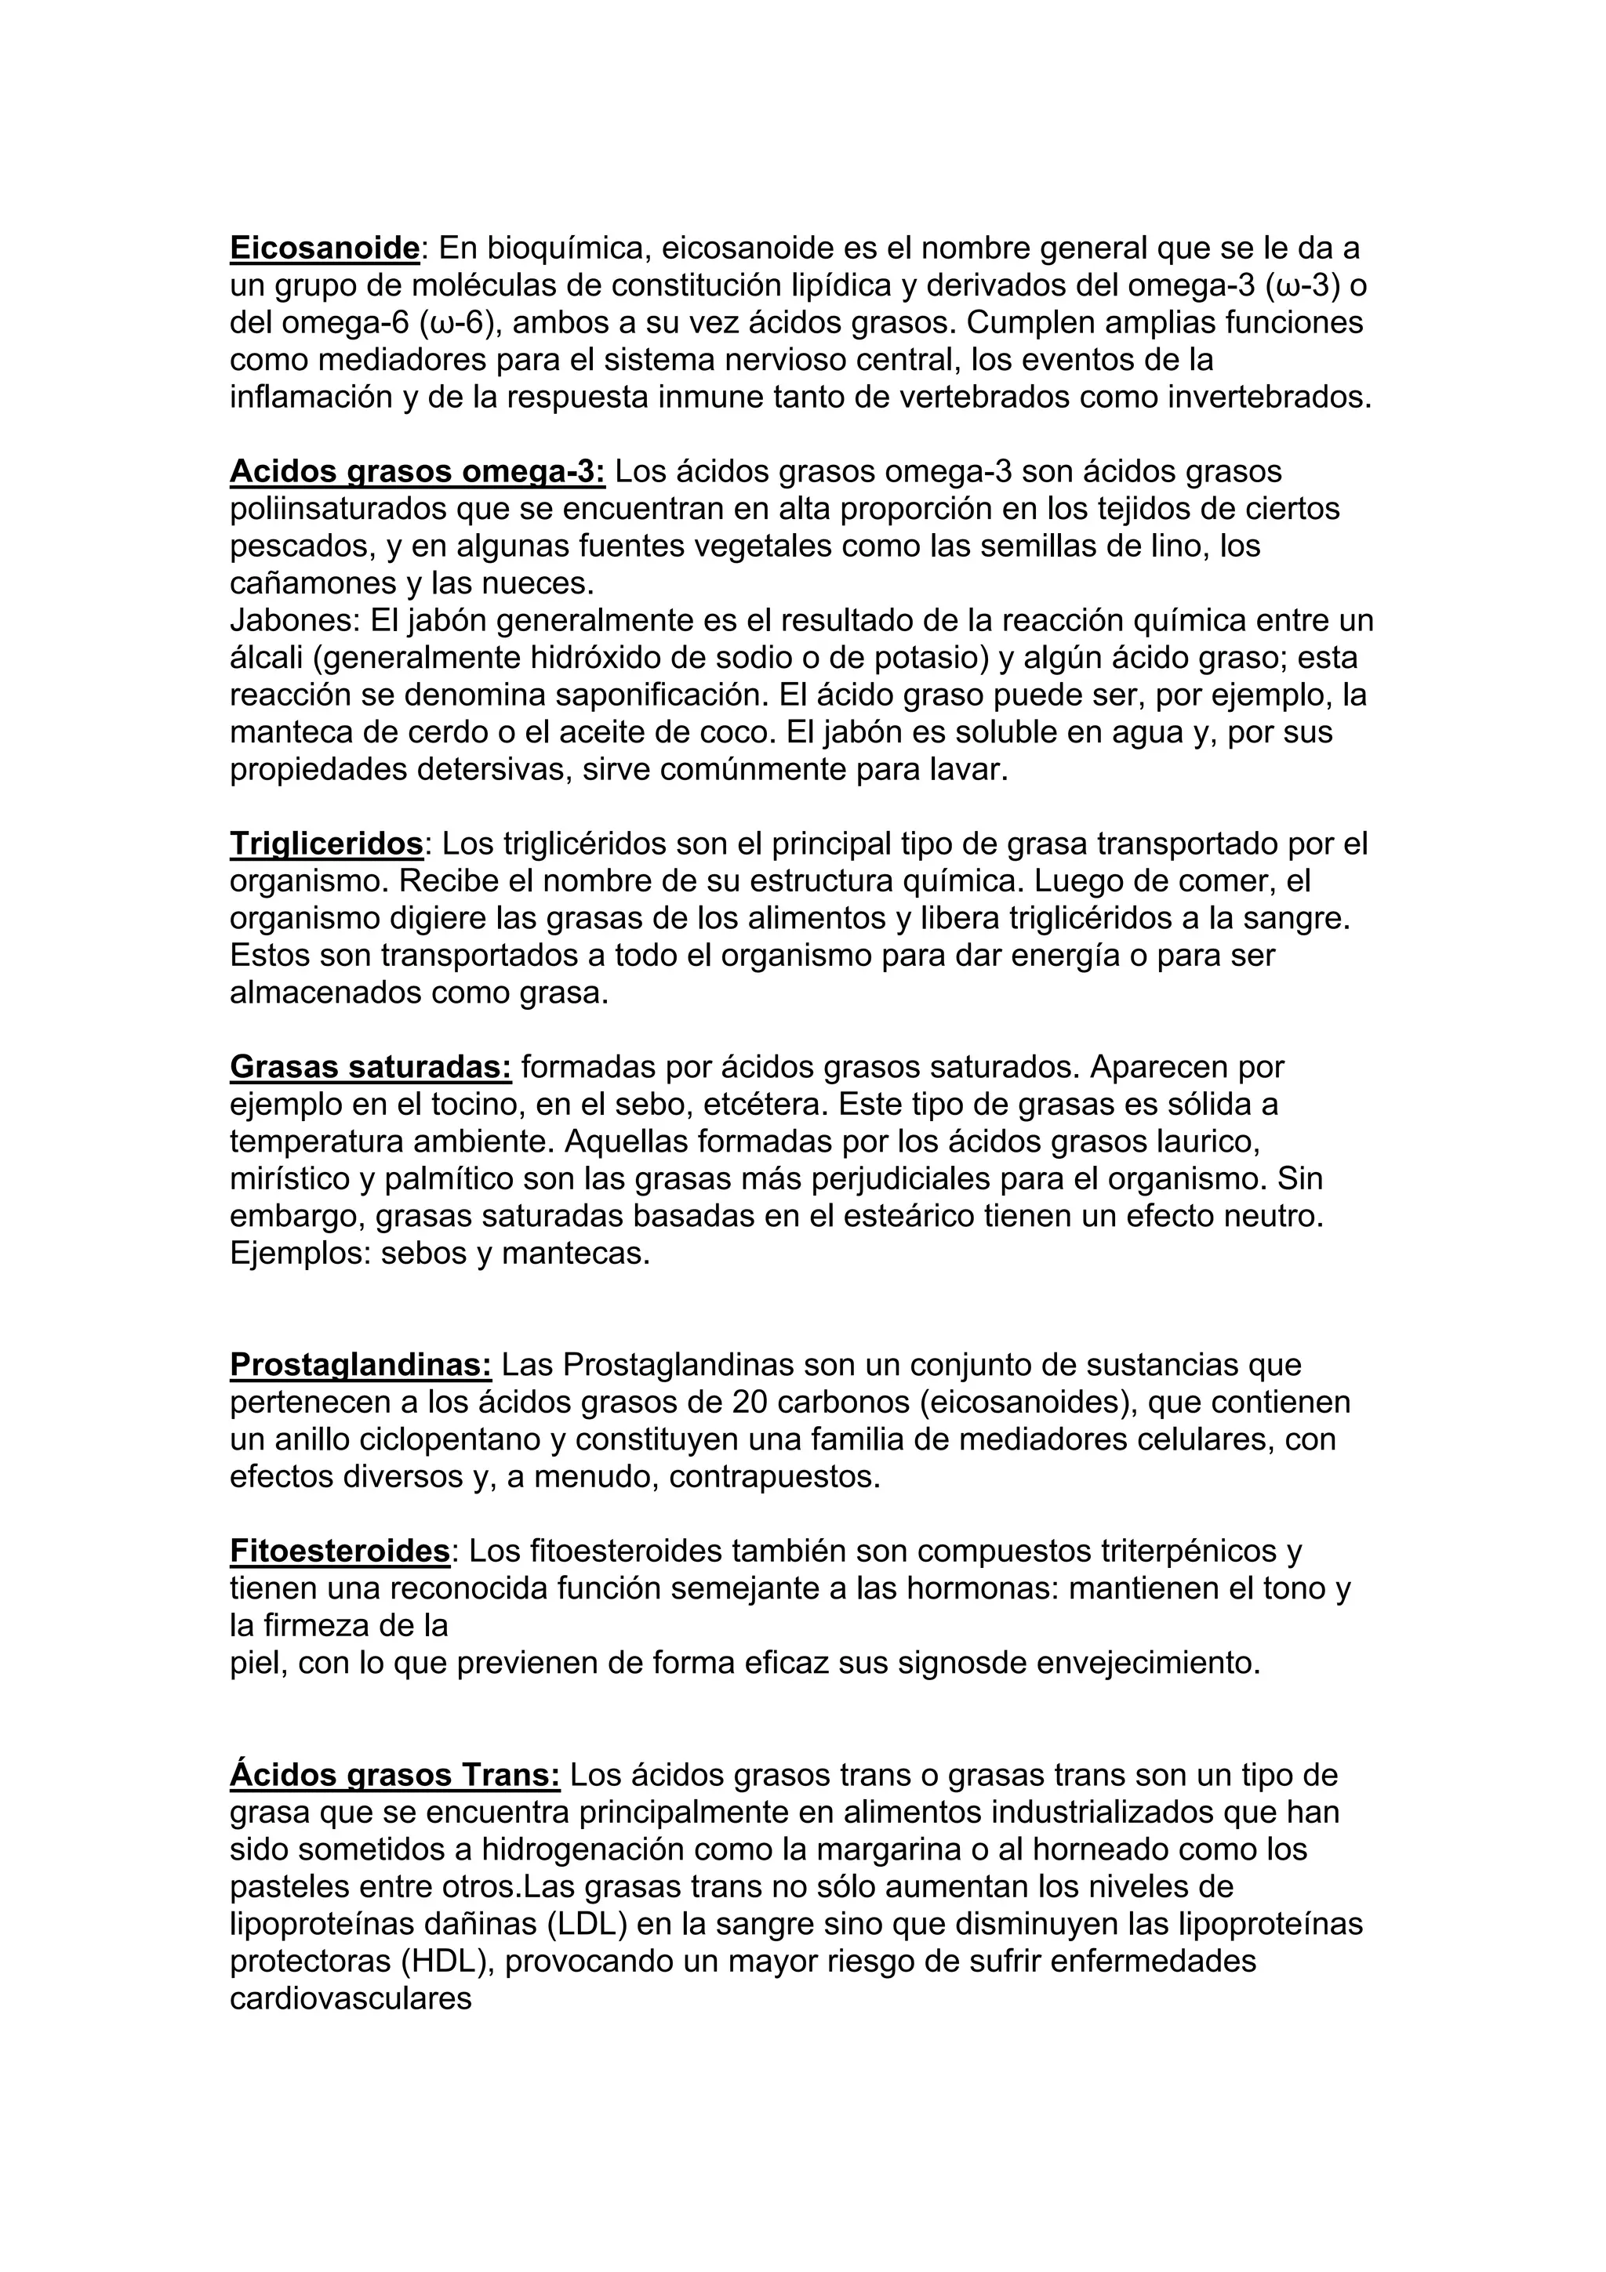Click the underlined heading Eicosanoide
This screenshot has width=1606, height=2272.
coord(325,248)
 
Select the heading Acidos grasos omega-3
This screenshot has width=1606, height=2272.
coord(416,471)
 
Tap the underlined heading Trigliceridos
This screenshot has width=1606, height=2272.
coord(326,844)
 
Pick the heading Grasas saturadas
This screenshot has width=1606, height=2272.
coord(370,1067)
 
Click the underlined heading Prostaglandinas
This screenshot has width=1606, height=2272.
coord(360,1365)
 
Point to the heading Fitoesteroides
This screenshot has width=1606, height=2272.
coord(340,1551)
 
